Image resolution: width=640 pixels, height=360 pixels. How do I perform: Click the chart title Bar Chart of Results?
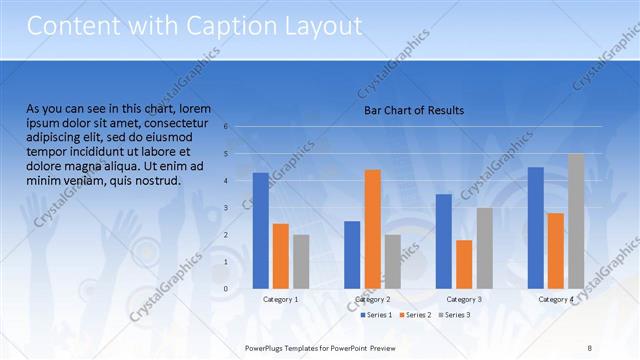pos(414,110)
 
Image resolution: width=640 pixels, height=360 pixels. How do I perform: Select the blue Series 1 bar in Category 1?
pos(261,230)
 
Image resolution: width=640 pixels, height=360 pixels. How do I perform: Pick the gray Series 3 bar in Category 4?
pos(576,221)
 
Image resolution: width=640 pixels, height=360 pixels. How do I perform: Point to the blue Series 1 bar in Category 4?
pos(536,227)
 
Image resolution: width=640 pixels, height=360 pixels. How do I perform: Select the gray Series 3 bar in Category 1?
pos(301,261)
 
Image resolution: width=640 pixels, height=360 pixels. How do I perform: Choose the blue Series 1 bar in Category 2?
pos(352,254)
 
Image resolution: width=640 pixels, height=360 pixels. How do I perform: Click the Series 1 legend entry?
pos(376,315)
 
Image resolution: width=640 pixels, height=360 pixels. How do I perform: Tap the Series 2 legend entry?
pos(416,315)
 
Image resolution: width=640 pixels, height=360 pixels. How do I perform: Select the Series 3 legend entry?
pos(455,315)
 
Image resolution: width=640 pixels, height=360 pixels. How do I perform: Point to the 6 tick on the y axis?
pos(227,126)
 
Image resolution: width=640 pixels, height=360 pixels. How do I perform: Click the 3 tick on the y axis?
pos(227,207)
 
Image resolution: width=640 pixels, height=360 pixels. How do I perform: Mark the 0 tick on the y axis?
pos(227,289)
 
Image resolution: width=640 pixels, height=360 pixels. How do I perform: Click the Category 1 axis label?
pos(280,299)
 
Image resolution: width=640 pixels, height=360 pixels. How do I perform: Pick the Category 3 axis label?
pos(464,299)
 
